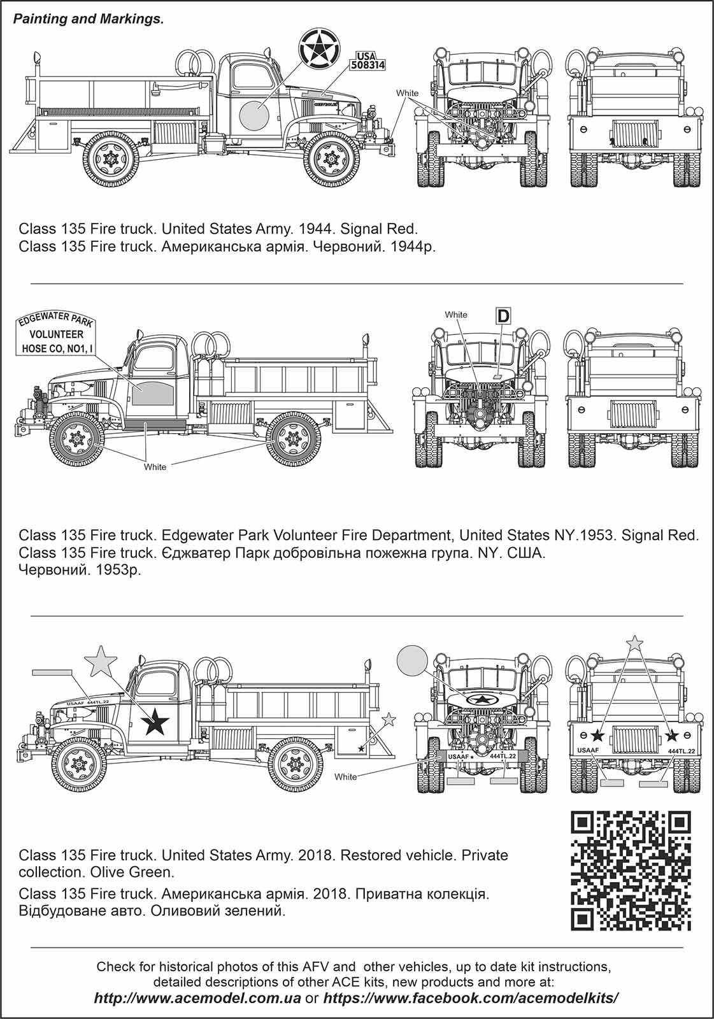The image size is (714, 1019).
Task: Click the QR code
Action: pos(631,871)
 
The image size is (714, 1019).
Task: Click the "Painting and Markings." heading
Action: pos(89,19)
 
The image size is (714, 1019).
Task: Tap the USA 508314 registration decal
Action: pos(368,60)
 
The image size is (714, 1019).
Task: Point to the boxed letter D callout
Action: pos(503,315)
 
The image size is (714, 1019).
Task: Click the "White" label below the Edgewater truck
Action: pos(155,467)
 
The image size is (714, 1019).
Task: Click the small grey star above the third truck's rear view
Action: pos(634,643)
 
